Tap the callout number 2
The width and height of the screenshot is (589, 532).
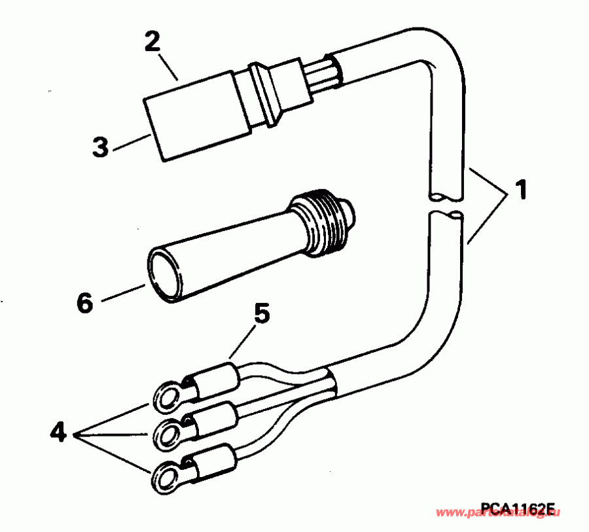coord(152,42)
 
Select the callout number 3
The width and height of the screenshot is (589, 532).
coord(100,146)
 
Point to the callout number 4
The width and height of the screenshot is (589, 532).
coord(59,432)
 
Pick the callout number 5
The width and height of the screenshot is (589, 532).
coord(261,315)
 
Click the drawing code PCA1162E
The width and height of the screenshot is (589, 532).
coord(517,509)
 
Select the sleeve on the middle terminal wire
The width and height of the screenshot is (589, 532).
coord(213,417)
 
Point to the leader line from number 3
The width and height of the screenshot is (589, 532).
coord(131,143)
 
